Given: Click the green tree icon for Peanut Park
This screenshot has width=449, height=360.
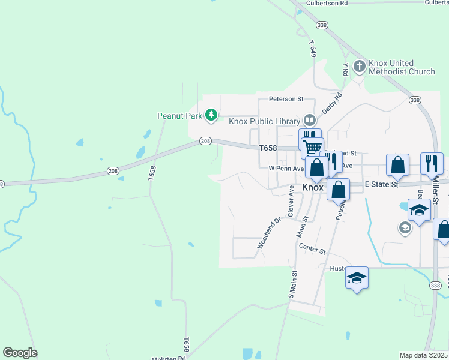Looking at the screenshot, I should point(211,114).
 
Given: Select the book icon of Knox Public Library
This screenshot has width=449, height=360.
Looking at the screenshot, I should point(309,120).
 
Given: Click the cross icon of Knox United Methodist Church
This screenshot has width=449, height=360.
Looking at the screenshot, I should point(360,66).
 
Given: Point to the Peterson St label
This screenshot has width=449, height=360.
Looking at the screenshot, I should point(286,98).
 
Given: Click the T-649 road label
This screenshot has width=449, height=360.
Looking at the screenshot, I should point(312,49).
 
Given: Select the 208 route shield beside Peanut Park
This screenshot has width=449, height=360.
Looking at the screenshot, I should point(205,140).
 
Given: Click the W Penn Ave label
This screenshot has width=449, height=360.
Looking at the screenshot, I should point(286,169).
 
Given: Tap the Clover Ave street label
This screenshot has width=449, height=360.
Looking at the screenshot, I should point(291,201).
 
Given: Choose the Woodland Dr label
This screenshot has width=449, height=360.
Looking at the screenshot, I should point(269,233).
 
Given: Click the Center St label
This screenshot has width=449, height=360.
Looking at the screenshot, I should point(312,248).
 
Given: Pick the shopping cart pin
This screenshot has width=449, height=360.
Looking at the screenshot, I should point(312,148).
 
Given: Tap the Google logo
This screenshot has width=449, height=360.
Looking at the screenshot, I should point(20,353).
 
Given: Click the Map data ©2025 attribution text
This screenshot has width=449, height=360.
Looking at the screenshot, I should point(424,355).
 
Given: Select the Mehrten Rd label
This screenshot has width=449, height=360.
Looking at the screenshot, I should point(169,358).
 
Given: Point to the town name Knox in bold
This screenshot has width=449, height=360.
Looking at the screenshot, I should point(313,187).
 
